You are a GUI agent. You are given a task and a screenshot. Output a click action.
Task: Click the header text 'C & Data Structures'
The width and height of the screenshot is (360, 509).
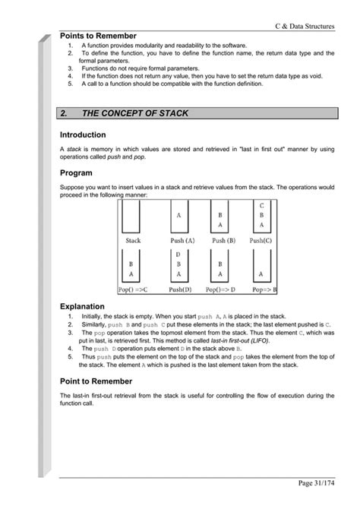click(305, 26)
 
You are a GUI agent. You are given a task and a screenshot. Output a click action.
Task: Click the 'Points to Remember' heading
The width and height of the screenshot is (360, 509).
click(98, 36)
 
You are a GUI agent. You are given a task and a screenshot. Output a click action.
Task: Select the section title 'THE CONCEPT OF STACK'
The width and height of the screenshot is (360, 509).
click(134, 113)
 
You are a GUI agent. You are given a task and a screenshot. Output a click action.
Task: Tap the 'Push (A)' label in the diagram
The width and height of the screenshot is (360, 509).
click(179, 240)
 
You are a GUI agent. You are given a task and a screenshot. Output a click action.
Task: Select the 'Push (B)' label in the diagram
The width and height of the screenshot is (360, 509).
click(220, 240)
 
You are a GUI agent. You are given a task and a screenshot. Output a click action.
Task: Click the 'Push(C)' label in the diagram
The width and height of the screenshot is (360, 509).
click(260, 240)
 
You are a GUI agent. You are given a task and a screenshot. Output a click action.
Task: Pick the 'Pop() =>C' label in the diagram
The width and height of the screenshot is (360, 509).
click(134, 289)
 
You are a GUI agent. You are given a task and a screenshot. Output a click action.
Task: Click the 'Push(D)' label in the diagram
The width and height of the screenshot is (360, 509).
click(179, 289)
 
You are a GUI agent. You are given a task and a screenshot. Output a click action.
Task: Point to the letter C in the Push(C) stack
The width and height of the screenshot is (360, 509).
click(261, 205)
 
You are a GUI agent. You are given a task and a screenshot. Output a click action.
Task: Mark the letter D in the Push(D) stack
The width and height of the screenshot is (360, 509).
click(178, 254)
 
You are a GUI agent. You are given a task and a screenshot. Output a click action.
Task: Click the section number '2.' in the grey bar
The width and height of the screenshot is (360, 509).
click(65, 113)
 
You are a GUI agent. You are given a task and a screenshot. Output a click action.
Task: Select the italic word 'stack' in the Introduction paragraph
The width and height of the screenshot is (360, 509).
click(74, 149)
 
